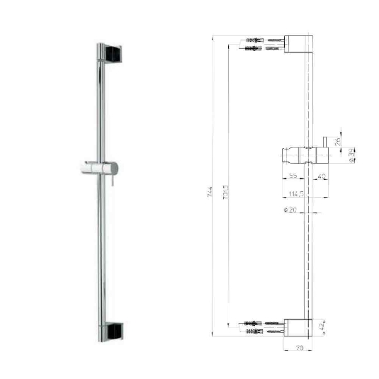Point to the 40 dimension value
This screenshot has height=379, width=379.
321,177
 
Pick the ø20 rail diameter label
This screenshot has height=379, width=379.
289,210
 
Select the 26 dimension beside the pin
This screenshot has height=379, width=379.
338,141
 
